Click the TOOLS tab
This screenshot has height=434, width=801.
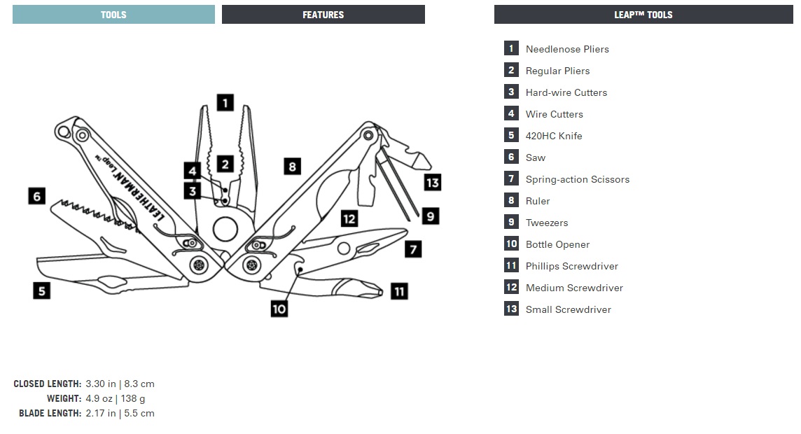click(113, 15)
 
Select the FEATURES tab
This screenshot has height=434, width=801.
click(323, 15)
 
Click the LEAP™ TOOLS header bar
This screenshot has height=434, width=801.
click(643, 15)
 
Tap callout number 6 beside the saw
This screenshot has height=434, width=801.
click(37, 195)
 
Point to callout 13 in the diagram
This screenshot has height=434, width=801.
click(433, 183)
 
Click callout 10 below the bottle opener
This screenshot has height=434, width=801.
click(279, 308)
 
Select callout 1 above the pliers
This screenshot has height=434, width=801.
click(225, 103)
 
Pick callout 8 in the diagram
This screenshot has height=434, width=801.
click(293, 166)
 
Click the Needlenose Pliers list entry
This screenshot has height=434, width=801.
click(567, 49)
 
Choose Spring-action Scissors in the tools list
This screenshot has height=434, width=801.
click(577, 179)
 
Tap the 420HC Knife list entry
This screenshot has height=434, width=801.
click(553, 136)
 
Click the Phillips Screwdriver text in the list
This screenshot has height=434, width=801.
click(571, 266)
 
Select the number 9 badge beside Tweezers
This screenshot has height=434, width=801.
click(511, 223)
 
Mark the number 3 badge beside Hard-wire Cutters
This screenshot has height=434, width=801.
click(511, 92)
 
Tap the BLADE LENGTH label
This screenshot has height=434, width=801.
click(50, 413)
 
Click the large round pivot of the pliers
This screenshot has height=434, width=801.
click(225, 229)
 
